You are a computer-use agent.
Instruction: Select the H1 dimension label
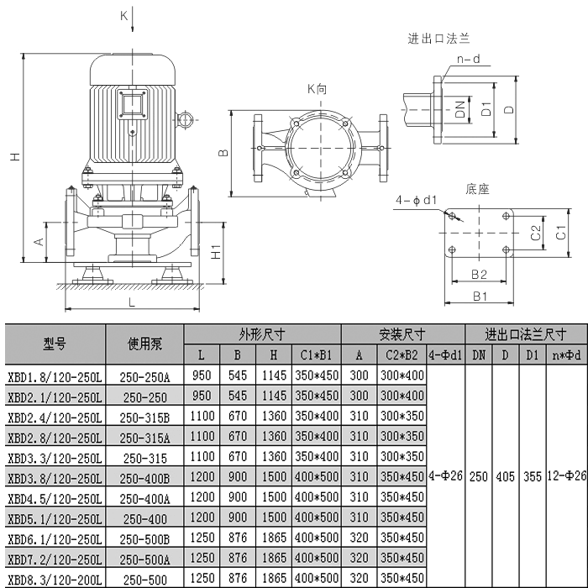point(215,251)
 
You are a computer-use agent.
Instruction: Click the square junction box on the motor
point(133,106)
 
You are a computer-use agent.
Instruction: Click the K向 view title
point(319,88)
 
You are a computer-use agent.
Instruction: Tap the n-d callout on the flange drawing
point(468,59)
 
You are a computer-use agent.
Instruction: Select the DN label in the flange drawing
point(459,109)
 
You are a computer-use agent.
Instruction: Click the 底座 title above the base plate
point(476,189)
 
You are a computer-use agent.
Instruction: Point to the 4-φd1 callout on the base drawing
point(417,201)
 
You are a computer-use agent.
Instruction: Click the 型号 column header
point(54,344)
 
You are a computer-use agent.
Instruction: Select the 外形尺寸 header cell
point(262,333)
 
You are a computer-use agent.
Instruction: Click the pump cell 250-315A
point(144,437)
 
